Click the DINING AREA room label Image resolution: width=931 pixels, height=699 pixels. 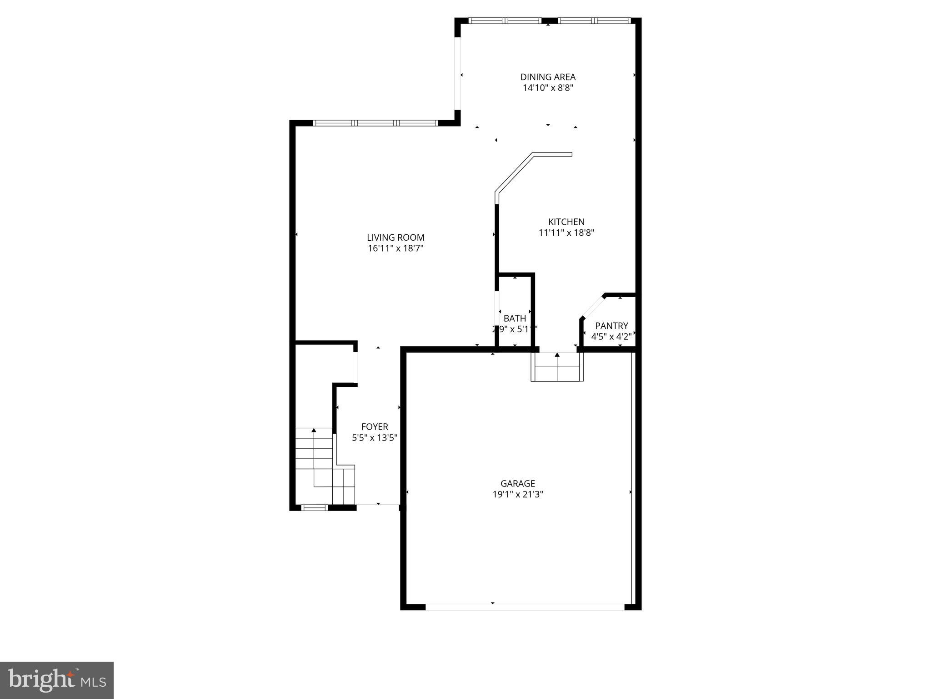tap(548, 77)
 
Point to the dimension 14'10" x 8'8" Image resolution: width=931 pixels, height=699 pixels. tap(548, 88)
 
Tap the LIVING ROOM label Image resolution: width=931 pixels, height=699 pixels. tap(395, 238)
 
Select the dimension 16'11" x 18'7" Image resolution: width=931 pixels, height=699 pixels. tap(395, 248)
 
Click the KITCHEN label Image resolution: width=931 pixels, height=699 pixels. tap(566, 222)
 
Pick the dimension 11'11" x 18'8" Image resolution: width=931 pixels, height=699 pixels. tap(566, 233)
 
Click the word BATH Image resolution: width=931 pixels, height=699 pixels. tap(515, 319)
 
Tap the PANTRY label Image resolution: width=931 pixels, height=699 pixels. tap(611, 326)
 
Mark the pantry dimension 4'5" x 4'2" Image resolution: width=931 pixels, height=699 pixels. tap(611, 337)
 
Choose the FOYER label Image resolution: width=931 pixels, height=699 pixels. tap(375, 427)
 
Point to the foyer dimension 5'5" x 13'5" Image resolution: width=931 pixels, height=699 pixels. tap(375, 438)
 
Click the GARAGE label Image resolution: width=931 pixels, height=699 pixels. tap(518, 484)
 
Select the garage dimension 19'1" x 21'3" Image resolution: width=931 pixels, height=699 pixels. tap(518, 495)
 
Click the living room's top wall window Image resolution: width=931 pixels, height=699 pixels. tap(375, 123)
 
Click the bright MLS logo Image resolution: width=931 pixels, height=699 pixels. tap(57, 680)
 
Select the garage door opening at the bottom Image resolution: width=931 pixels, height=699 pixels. tap(525, 607)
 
